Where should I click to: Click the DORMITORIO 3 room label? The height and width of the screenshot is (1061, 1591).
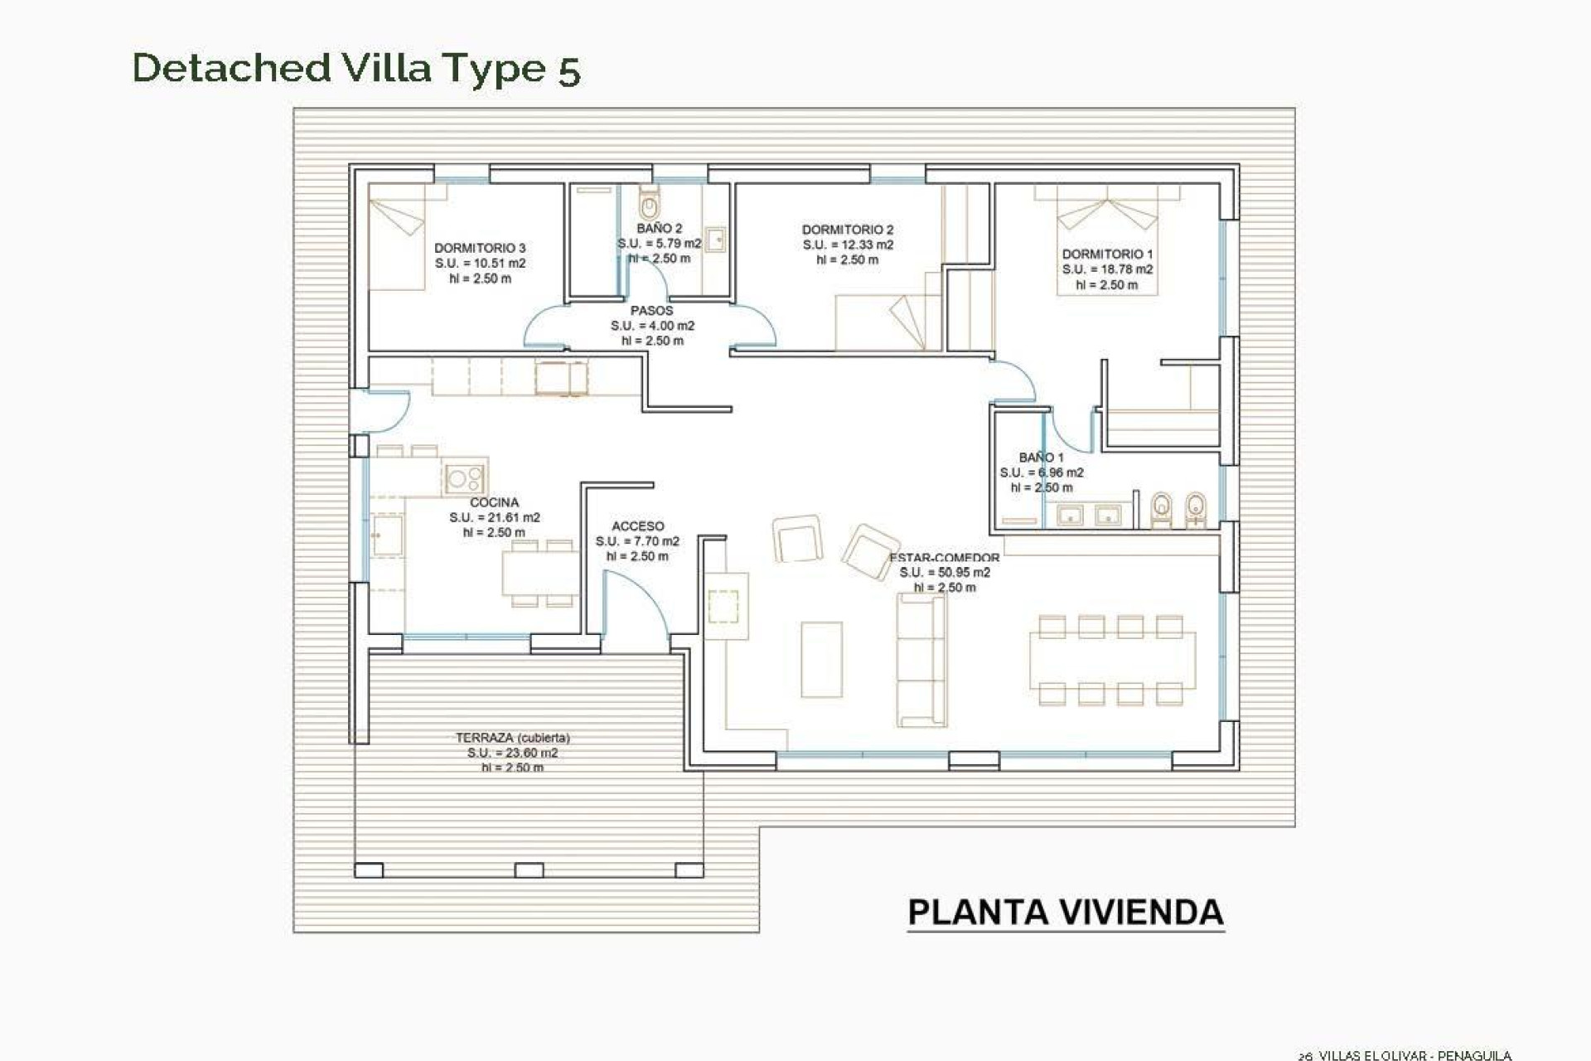click(x=480, y=248)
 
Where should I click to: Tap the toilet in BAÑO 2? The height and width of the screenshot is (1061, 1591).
click(x=649, y=201)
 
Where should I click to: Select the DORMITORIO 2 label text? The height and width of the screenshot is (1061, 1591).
click(x=848, y=230)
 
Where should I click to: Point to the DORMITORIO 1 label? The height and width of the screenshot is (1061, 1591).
click(x=1107, y=254)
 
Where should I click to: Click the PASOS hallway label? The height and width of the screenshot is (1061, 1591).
click(x=651, y=311)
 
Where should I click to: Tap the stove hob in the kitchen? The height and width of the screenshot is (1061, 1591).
click(x=464, y=477)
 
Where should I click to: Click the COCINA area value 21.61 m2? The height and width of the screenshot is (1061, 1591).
click(x=495, y=517)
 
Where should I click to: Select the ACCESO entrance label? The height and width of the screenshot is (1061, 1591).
click(x=637, y=526)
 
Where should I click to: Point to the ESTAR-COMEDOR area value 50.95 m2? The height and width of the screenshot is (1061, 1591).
click(x=945, y=573)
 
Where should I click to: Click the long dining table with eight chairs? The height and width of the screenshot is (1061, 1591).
click(x=1112, y=660)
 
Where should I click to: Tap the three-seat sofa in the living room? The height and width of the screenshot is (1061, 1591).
click(x=921, y=660)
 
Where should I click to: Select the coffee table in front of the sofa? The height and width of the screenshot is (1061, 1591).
click(x=821, y=660)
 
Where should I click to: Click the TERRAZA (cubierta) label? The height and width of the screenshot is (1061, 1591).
click(x=512, y=738)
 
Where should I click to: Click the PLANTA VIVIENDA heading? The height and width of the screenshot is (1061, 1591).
click(x=1066, y=912)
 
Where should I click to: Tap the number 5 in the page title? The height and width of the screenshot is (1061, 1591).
click(x=568, y=70)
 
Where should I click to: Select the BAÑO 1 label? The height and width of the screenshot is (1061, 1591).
click(x=1041, y=458)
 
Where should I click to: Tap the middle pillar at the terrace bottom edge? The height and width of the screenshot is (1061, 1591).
click(x=529, y=870)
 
